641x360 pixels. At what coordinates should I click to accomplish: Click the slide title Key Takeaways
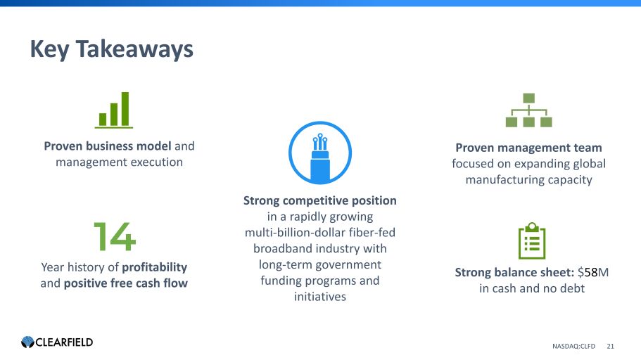point(112,49)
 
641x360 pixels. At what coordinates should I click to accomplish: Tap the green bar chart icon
point(114,110)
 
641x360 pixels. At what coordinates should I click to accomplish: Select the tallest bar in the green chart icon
point(125,109)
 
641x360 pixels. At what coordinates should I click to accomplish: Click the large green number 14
point(115,236)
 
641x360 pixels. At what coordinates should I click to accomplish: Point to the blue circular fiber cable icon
point(320,153)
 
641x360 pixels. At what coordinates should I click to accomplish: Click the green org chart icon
point(528,110)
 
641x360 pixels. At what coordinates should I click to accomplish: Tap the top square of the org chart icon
point(528,98)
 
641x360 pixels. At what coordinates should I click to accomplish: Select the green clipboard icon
point(532,240)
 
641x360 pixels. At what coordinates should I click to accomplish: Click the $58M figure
point(593,272)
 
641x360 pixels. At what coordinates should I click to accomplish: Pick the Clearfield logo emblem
point(28,342)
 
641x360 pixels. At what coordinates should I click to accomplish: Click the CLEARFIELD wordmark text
point(64,342)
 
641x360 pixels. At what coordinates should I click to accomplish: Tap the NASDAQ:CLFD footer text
point(573,346)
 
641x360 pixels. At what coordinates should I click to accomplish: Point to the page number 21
point(610,346)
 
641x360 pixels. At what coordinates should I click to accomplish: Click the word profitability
point(155,267)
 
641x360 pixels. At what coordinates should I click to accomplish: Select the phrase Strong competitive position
point(320,200)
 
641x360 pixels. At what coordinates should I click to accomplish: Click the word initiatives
point(320,297)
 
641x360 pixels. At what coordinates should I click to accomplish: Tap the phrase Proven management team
point(528,148)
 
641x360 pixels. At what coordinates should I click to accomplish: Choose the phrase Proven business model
point(108,146)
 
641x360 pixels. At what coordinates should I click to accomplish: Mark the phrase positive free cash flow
point(126,283)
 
